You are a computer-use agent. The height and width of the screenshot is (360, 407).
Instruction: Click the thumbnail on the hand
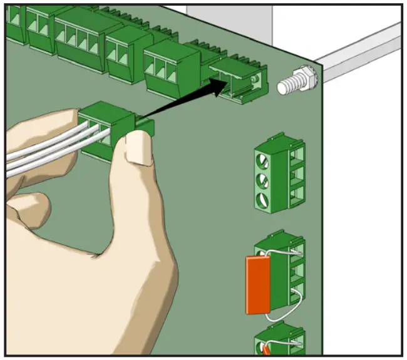[x=139, y=150]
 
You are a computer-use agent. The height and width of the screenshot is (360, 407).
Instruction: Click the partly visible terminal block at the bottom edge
[x=282, y=341]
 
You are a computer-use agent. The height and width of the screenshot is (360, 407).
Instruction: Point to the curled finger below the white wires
[x=31, y=203]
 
